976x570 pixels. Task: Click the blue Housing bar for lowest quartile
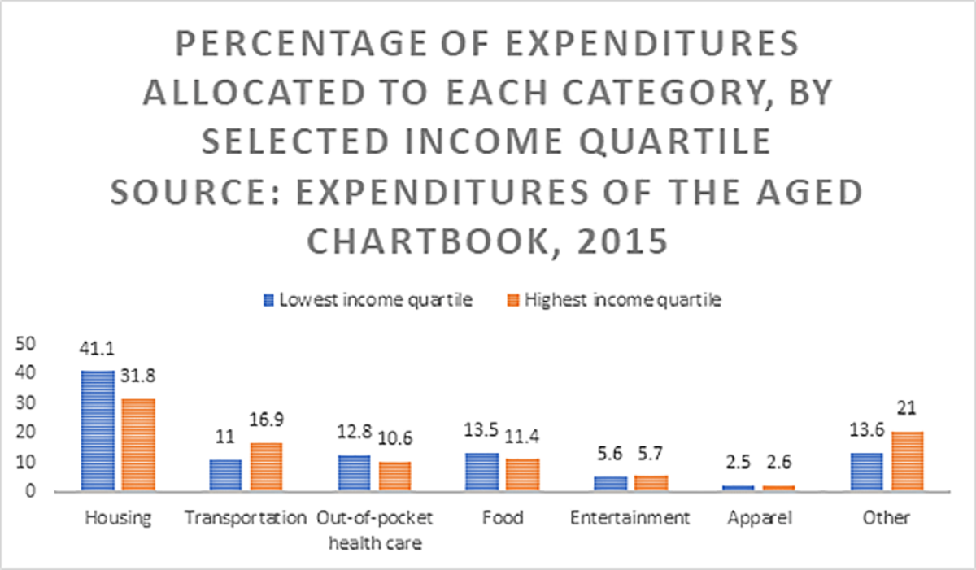[x=98, y=431]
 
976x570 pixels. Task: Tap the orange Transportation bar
[x=266, y=467]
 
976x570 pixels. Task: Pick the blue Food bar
[x=482, y=472]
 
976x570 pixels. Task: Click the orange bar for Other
[x=907, y=461]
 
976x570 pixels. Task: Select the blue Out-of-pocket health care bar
[x=354, y=473]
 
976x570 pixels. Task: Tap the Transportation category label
[x=245, y=518]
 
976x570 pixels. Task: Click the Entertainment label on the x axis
[x=630, y=518]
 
